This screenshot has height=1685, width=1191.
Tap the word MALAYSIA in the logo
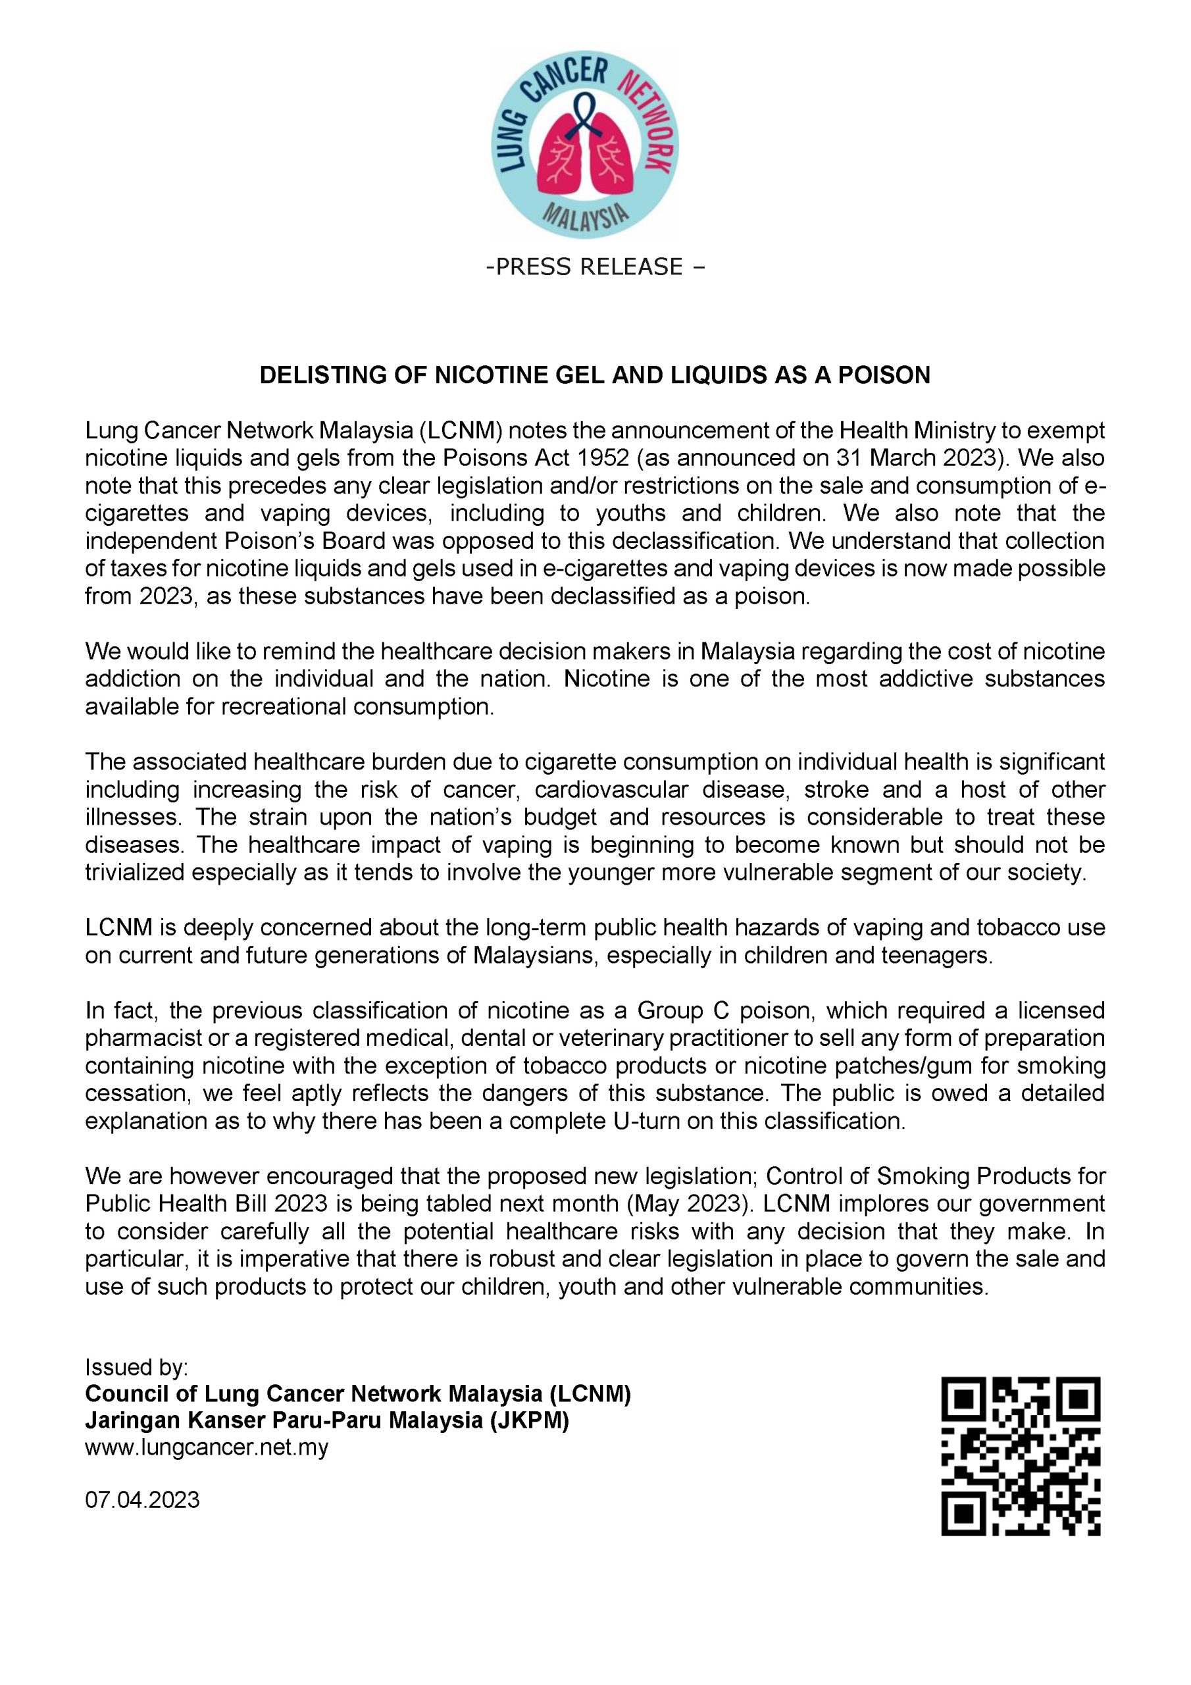[585, 217]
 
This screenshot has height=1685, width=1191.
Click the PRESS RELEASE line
[594, 267]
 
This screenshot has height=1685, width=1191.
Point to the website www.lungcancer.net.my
[206, 1448]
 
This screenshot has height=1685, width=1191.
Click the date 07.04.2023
[142, 1499]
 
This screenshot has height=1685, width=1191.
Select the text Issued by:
[136, 1367]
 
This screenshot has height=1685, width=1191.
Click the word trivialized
[134, 873]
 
